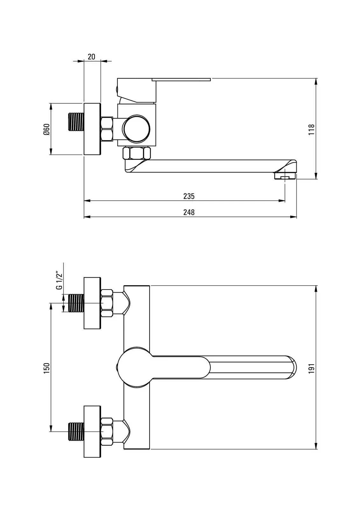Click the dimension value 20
pos(91,57)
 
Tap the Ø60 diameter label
pos(46,129)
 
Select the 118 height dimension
pos(311,129)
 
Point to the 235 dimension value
pos(189,196)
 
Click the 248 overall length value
pos(189,212)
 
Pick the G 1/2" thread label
pos(59,280)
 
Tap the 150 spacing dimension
pos(46,368)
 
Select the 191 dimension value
pos(311,368)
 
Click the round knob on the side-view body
pos(136,129)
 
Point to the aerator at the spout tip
pos(285,176)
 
